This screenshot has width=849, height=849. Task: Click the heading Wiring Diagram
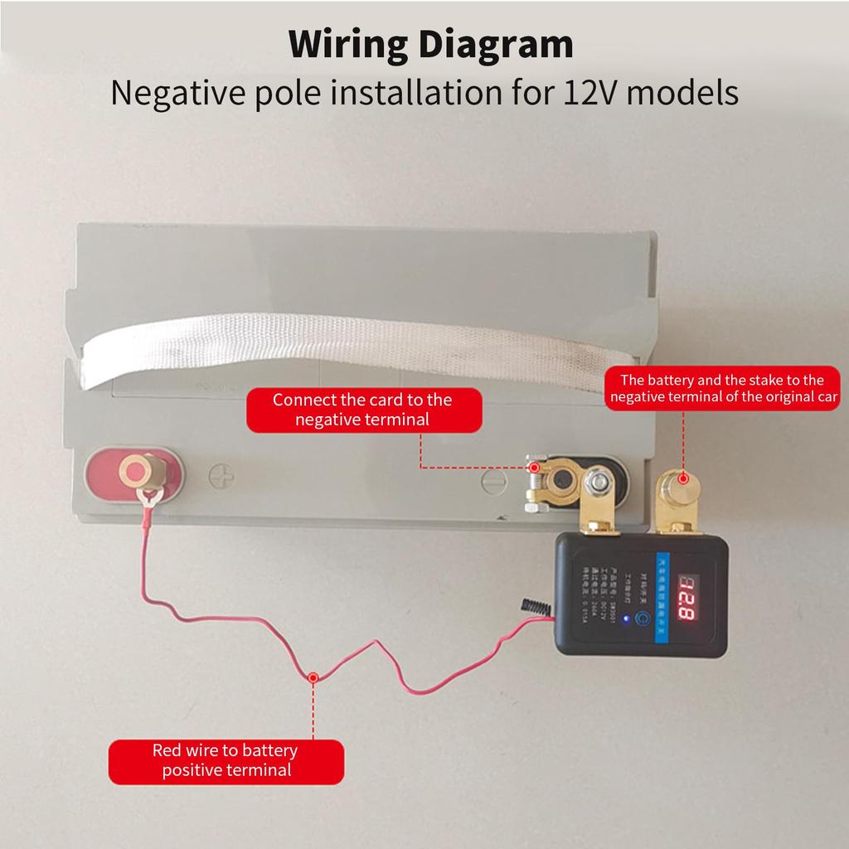[x=431, y=44]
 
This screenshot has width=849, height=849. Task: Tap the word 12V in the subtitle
[x=590, y=93]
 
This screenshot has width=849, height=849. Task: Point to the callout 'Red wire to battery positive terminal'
[x=226, y=761]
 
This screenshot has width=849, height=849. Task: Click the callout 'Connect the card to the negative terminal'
[x=363, y=410]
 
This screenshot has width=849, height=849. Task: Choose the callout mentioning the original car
[x=724, y=389]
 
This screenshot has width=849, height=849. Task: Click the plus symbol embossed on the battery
[x=221, y=477]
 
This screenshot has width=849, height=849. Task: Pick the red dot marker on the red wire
[x=313, y=677]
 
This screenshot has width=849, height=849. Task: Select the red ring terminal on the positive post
[x=148, y=499]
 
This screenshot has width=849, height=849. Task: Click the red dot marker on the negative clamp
[x=535, y=468]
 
